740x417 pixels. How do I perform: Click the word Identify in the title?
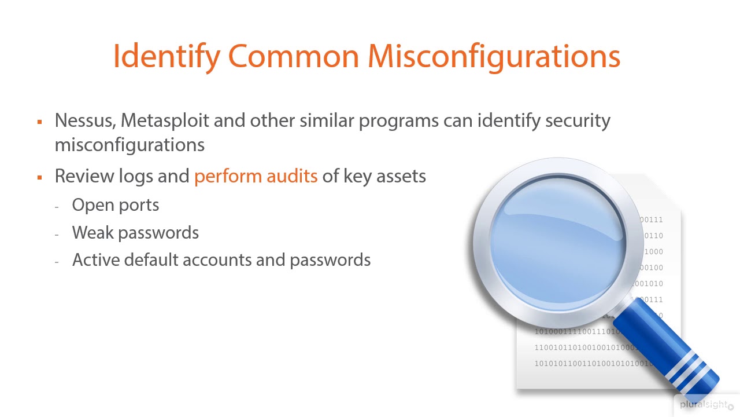pos(166,57)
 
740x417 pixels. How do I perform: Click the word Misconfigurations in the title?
pos(494,57)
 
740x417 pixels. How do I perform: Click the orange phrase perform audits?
pos(256,176)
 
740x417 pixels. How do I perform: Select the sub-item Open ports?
pos(115,205)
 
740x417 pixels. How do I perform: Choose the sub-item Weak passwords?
pos(135,233)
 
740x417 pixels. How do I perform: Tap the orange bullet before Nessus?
pos(40,122)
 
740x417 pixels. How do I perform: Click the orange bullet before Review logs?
pos(40,177)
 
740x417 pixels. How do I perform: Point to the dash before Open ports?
pos(57,206)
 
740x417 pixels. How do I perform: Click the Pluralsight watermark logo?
pos(703,405)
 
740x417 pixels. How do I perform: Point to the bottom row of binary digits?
pos(593,364)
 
